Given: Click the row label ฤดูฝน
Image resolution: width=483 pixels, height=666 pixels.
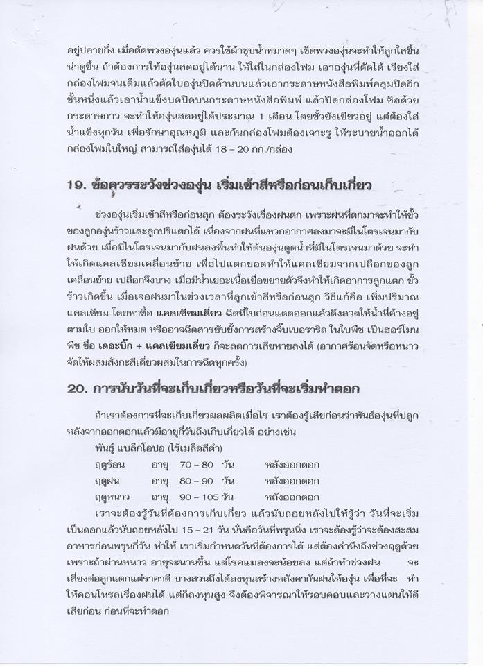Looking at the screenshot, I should point(111,481).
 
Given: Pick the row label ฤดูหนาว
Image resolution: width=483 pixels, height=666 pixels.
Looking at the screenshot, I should point(115,497).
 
